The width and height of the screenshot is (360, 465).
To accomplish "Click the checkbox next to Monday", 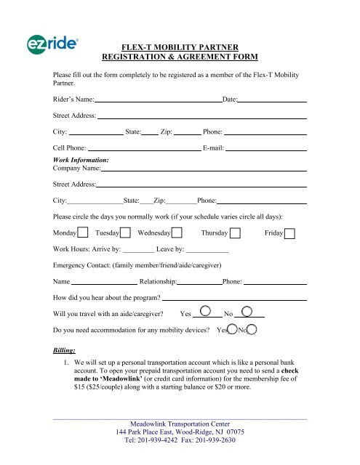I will click(83, 233).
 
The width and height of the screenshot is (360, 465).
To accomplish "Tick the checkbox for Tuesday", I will click(125, 233).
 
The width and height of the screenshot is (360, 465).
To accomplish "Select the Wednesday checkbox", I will click(177, 233).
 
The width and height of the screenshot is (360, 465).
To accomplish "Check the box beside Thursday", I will click(236, 233).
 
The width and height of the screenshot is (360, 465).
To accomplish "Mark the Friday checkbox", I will click(289, 233).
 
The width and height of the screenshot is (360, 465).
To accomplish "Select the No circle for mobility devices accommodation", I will click(251, 329).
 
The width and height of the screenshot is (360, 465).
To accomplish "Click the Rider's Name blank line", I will click(158, 100).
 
